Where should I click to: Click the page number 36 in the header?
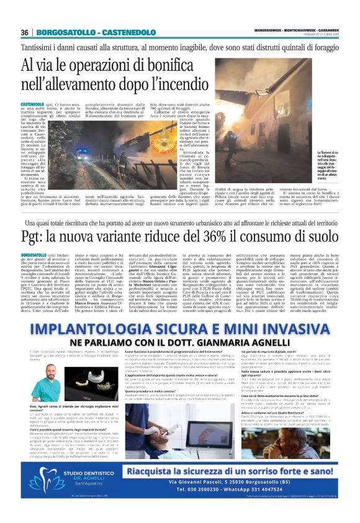pyautogui.click(x=25, y=32)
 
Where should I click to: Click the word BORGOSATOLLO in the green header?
pyautogui.click(x=60, y=32)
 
